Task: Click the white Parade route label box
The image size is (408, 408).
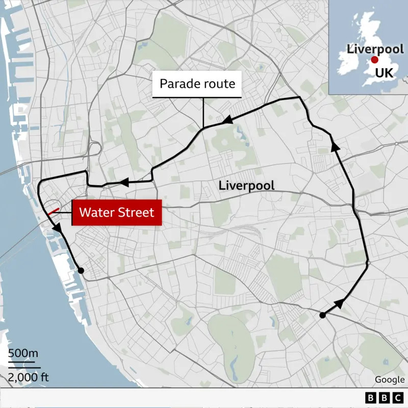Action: coord(197,84)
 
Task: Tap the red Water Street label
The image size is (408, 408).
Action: coord(117,212)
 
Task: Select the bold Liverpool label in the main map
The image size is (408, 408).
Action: coord(246,186)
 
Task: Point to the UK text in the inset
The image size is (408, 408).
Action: coord(384,73)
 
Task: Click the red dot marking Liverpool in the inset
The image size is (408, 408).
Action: coord(374,61)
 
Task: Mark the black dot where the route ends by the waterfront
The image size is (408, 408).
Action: coord(81,270)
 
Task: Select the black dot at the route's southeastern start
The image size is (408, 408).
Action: coord(322,315)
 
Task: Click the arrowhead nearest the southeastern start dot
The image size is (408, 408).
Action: coord(338,304)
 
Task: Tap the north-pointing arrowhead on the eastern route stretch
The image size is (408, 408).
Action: coord(335,147)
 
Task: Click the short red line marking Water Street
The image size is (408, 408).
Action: coord(54,211)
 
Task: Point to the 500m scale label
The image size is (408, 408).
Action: coord(23,353)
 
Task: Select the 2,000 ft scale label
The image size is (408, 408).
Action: coord(28,377)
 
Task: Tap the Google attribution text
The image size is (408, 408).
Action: coord(390,379)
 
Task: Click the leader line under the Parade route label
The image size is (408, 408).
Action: coord(203,112)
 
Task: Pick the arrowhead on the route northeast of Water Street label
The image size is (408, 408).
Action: coord(123,182)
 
